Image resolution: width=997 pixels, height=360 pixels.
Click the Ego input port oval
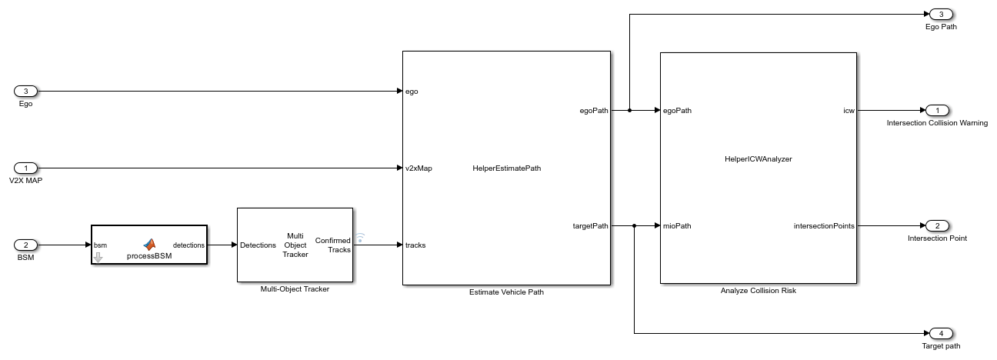pos(25,91)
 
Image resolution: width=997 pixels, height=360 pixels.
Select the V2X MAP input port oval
pos(25,168)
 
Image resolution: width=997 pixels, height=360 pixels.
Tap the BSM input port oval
pos(25,245)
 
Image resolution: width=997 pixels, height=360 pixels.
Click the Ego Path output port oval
pos(941,14)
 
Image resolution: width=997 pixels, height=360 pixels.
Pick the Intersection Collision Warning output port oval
pos(936,110)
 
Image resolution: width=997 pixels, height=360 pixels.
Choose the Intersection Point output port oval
pos(936,225)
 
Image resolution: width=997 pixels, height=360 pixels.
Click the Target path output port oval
pos(941,333)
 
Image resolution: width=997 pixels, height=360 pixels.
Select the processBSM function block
pos(149,245)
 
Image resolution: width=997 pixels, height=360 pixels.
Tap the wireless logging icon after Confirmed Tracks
pos(359,238)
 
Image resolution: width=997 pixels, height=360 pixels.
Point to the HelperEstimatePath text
pos(506,168)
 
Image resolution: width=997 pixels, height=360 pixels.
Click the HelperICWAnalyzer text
pos(758,159)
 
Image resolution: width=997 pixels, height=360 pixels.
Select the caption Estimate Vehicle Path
pos(505,292)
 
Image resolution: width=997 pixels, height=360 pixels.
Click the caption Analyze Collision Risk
pos(758,291)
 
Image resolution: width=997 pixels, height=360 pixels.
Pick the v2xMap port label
pos(418,168)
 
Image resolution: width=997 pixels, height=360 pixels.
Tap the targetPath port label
pos(590,225)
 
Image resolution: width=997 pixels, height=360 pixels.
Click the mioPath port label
pos(677,225)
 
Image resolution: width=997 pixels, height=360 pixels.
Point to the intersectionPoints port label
pos(824,225)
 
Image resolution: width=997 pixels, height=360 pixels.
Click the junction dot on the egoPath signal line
pos(630,110)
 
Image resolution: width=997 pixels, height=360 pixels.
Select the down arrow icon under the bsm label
pos(98,257)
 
